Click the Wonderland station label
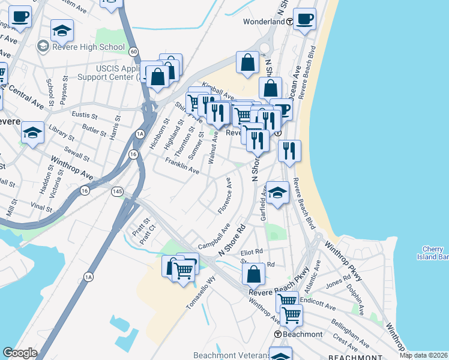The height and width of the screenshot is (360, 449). [264, 22]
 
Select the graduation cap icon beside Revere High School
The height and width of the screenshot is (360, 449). [62, 30]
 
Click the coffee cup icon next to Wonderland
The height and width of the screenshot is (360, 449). [304, 19]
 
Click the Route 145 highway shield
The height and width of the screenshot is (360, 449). [117, 191]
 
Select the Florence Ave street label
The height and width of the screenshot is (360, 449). [225, 195]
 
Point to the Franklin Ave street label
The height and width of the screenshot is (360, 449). [182, 166]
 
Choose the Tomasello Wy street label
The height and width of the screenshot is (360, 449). [200, 293]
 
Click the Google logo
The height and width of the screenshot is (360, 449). [19, 353]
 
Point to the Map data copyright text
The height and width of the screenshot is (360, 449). [423, 355]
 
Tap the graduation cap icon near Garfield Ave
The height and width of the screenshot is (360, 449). [277, 193]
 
